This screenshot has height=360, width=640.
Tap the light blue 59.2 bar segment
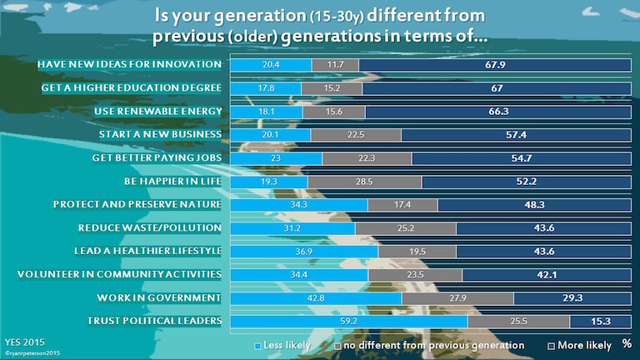click(348, 321)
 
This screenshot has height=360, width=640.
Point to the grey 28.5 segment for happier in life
click(364, 181)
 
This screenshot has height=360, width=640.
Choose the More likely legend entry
click(581, 344)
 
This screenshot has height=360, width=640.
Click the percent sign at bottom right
click(627, 344)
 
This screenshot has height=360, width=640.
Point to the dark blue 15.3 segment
click(600, 321)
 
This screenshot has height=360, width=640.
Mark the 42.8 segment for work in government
click(316, 297)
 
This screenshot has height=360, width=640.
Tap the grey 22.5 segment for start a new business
click(355, 134)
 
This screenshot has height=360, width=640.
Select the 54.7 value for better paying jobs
click(522, 157)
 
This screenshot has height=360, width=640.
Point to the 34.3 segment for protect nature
click(298, 204)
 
